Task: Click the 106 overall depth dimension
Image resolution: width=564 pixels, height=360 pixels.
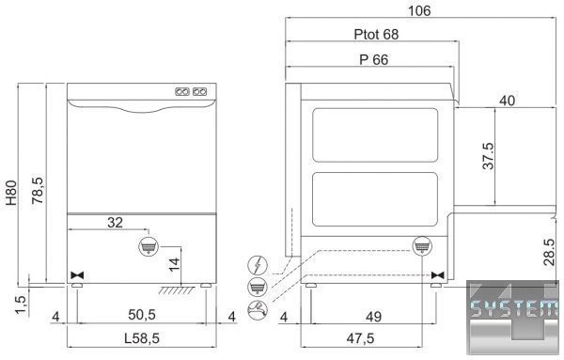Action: pos(419,10)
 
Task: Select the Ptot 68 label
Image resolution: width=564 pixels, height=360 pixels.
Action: pos(376,35)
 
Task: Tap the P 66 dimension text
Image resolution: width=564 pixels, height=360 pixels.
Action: pos(374,60)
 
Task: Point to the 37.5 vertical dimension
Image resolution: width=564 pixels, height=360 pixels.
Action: pos(488,156)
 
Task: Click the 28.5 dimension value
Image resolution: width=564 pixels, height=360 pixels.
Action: pos(549,252)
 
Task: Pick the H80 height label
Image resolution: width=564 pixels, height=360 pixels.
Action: pos(11,193)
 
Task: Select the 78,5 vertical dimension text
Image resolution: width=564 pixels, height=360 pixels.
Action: pos(38,191)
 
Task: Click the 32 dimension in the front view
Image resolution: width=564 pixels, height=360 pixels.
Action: pos(115,223)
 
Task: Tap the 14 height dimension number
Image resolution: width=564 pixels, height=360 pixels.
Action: pos(174,265)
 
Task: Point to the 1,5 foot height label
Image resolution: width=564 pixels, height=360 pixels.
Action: pos(21,305)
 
